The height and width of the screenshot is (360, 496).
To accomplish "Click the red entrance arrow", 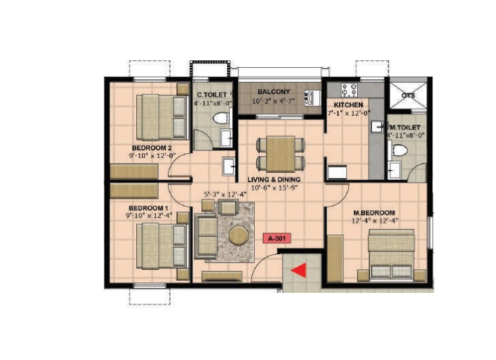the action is pyautogui.click(x=299, y=271).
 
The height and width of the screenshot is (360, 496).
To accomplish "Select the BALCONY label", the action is pyautogui.click(x=274, y=92).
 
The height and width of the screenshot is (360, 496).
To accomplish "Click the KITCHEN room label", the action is pyautogui.click(x=348, y=105).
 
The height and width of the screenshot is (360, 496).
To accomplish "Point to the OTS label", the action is pyautogui.click(x=408, y=96).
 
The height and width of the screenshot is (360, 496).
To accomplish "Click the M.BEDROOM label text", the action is pyautogui.click(x=374, y=213).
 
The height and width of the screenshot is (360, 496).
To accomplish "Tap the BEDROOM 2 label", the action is pyautogui.click(x=152, y=148).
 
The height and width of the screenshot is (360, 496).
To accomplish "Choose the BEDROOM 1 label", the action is pyautogui.click(x=148, y=208).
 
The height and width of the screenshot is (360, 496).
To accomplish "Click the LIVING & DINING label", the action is pyautogui.click(x=274, y=180).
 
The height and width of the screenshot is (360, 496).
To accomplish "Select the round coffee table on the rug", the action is pyautogui.click(x=239, y=235).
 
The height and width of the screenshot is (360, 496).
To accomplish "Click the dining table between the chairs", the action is pyautogui.click(x=281, y=154).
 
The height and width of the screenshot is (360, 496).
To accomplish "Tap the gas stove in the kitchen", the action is pyautogui.click(x=349, y=89).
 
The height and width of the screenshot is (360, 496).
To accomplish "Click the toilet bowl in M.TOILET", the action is pyautogui.click(x=399, y=150).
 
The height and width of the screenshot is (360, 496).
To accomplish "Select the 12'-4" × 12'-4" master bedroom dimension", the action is pyautogui.click(x=375, y=221).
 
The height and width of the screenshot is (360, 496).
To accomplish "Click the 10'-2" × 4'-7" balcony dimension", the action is pyautogui.click(x=274, y=101).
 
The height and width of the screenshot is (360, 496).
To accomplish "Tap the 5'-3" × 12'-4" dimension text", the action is pyautogui.click(x=225, y=195).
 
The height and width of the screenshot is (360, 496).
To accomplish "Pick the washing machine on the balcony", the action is pyautogui.click(x=312, y=98).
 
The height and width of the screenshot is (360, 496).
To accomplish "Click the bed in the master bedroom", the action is pyautogui.click(x=392, y=255).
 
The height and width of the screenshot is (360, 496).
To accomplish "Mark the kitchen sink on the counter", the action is pyautogui.click(x=378, y=127).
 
